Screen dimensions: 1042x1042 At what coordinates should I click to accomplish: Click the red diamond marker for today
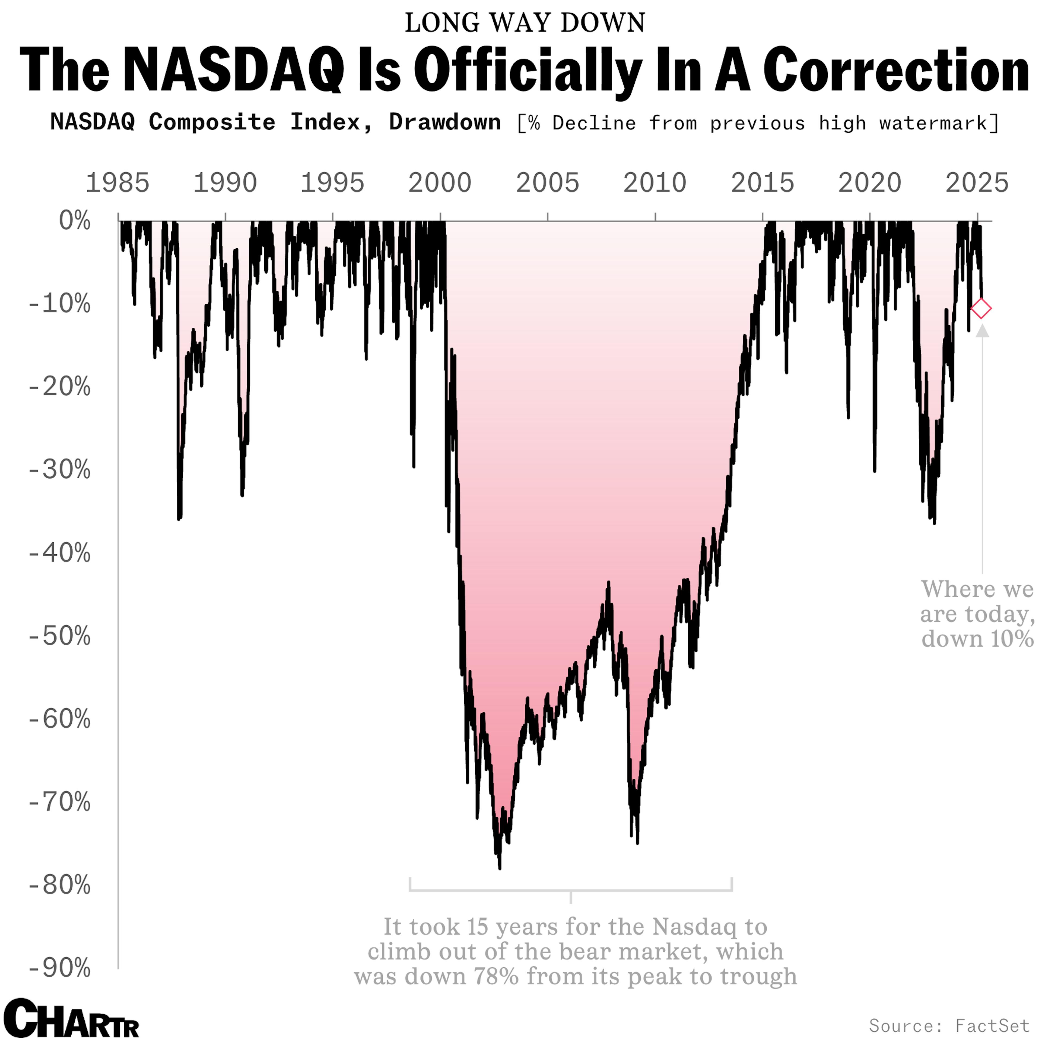[x=981, y=309]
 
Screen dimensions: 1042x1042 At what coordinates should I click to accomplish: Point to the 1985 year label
[x=117, y=183]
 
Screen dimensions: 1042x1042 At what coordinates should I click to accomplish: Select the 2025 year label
[x=977, y=183]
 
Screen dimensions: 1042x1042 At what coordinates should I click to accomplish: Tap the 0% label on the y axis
[x=74, y=221]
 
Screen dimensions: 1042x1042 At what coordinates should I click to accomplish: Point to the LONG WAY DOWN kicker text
[x=525, y=23]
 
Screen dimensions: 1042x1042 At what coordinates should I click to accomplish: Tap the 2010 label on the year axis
[x=655, y=183]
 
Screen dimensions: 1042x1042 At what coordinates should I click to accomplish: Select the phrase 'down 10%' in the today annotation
[x=977, y=639]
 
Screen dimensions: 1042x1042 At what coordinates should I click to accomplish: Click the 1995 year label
[x=332, y=183]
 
